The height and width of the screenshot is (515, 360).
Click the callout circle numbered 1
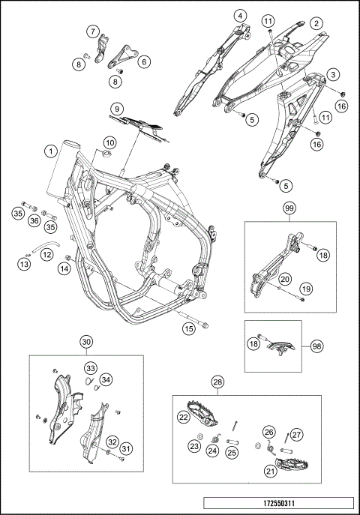point(51,151)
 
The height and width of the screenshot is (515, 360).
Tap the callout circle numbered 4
point(241,16)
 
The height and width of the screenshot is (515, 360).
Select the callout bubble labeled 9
point(117,109)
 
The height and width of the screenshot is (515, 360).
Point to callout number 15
point(189,329)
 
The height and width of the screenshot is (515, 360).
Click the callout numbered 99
point(290,208)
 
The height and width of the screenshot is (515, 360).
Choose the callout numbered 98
point(316,346)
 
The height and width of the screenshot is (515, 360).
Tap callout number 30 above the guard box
point(86,342)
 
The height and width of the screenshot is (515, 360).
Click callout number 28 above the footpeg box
point(217,382)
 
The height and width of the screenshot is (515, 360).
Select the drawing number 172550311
point(278,503)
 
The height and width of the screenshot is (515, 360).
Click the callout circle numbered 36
point(34,220)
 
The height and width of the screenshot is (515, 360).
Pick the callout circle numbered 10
point(110,143)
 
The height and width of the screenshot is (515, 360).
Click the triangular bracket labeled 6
point(122,57)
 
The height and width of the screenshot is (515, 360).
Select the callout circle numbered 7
point(93,31)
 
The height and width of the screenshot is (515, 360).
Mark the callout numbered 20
point(285,279)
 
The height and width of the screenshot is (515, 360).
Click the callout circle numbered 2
point(316,23)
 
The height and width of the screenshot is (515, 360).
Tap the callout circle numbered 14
point(64,268)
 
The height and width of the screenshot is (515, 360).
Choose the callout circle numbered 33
point(91,368)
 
